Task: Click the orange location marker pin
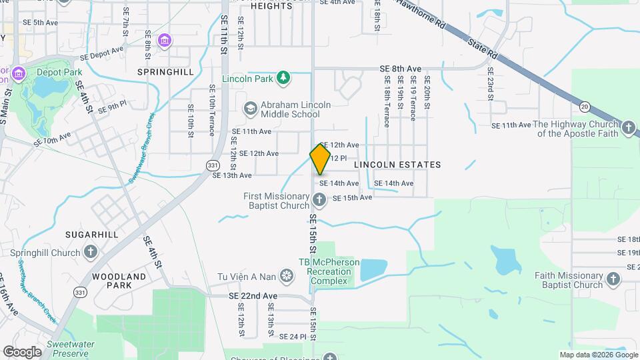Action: point(320,159)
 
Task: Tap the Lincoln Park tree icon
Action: point(284,79)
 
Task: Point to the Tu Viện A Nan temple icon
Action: point(286,275)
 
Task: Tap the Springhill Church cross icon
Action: point(90,253)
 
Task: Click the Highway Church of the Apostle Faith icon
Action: point(627,128)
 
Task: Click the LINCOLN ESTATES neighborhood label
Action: point(397,164)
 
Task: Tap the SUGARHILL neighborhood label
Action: point(91,235)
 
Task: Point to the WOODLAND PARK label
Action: point(119,281)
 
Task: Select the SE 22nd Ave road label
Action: point(253,296)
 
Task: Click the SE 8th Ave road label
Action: point(401,69)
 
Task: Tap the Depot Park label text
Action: point(55,72)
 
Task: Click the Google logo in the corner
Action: point(22,351)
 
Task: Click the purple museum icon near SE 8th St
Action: point(164,41)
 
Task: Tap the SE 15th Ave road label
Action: point(352,198)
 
